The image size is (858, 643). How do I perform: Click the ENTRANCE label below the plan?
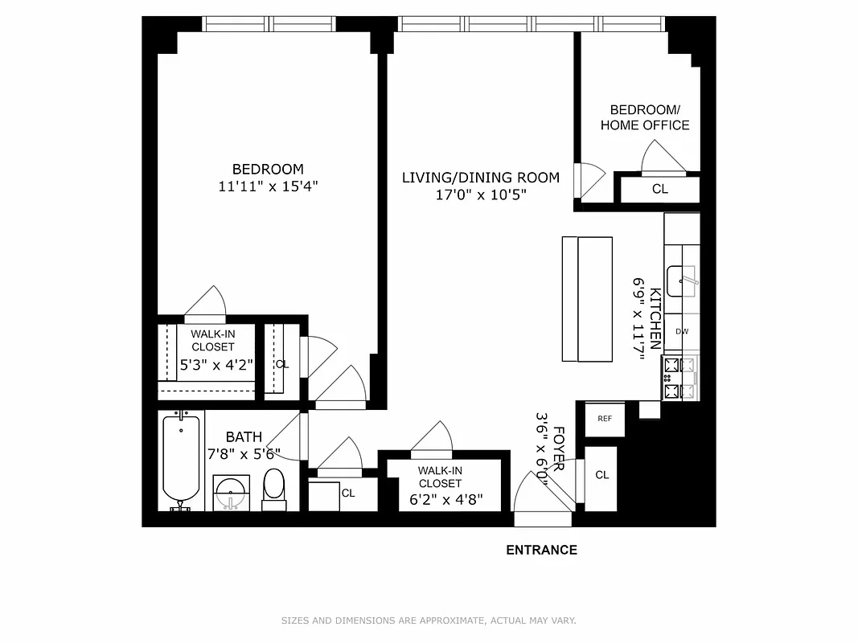[541, 551]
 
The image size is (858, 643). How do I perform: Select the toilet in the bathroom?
[274, 489]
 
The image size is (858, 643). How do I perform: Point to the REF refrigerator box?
[605, 419]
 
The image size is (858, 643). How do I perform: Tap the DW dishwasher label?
[682, 331]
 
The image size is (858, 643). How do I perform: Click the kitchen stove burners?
[680, 379]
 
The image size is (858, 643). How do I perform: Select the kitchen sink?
[684, 277]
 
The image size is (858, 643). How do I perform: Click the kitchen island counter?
[587, 299]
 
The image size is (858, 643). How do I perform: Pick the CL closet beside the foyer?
[601, 475]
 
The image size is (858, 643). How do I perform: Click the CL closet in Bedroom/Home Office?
[659, 190]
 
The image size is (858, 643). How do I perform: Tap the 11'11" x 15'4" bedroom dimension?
[268, 186]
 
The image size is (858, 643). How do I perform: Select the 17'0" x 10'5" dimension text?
[481, 195]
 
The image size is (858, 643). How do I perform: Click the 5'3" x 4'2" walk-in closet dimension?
[216, 364]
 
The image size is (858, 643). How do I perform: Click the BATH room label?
[243, 437]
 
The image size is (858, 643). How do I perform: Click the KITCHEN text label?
[656, 319]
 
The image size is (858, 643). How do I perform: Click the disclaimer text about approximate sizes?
[429, 620]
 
